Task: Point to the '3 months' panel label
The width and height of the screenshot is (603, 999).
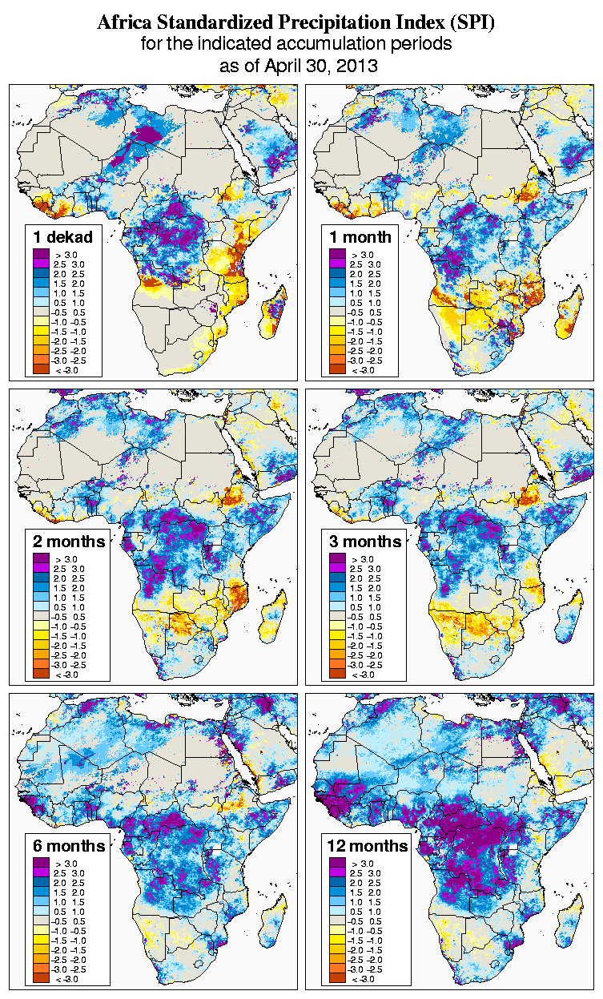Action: pyautogui.click(x=364, y=542)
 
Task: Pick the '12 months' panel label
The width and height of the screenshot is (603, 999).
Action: pyautogui.click(x=368, y=846)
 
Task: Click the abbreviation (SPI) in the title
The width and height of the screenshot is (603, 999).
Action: pyautogui.click(x=471, y=22)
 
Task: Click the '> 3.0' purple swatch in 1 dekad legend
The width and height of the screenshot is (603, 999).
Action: pyautogui.click(x=40, y=254)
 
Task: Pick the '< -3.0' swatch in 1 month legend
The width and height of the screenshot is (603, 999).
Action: pyautogui.click(x=336, y=369)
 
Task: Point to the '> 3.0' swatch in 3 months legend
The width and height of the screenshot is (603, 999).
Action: pyautogui.click(x=336, y=558)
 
